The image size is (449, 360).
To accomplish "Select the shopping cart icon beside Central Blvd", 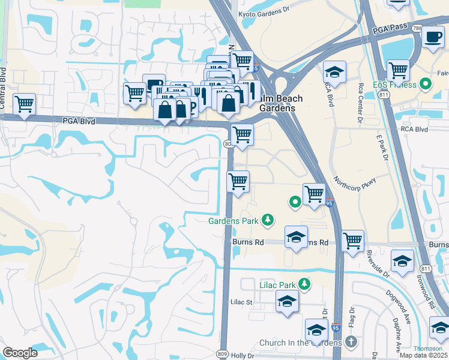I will [25, 104].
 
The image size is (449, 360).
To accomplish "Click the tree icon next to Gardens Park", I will [268, 221].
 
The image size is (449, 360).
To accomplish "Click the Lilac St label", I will [241, 303].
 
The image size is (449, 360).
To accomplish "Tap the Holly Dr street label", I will [243, 356].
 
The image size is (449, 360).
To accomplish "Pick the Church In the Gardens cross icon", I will [351, 343].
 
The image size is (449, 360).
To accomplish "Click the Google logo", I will [20, 353].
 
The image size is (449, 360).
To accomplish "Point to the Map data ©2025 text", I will [424, 355].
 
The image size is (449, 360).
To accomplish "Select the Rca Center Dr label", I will [361, 101].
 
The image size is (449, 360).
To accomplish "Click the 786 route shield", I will [418, 28].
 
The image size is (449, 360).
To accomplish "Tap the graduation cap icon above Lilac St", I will [288, 301].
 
